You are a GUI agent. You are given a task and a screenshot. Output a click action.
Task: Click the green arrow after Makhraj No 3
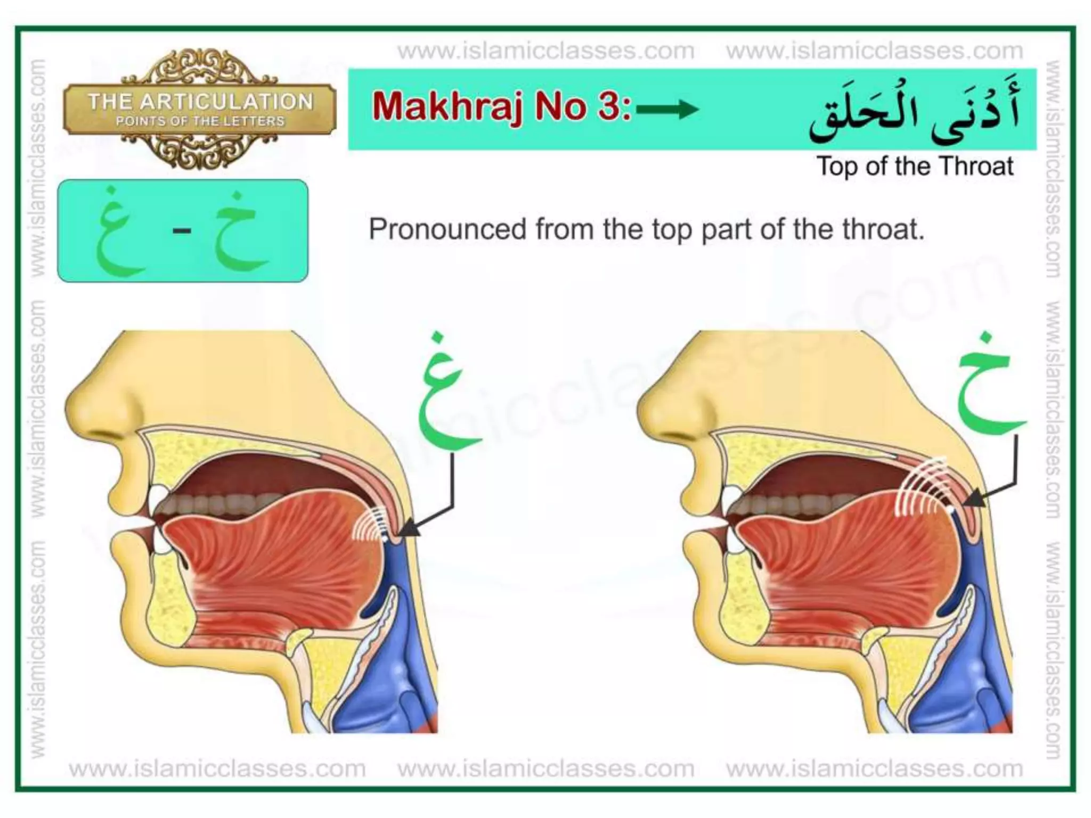coord(667,110)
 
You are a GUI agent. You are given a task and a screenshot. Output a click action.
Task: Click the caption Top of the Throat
coord(915,166)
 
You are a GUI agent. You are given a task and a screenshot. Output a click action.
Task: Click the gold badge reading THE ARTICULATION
coord(200,109)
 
